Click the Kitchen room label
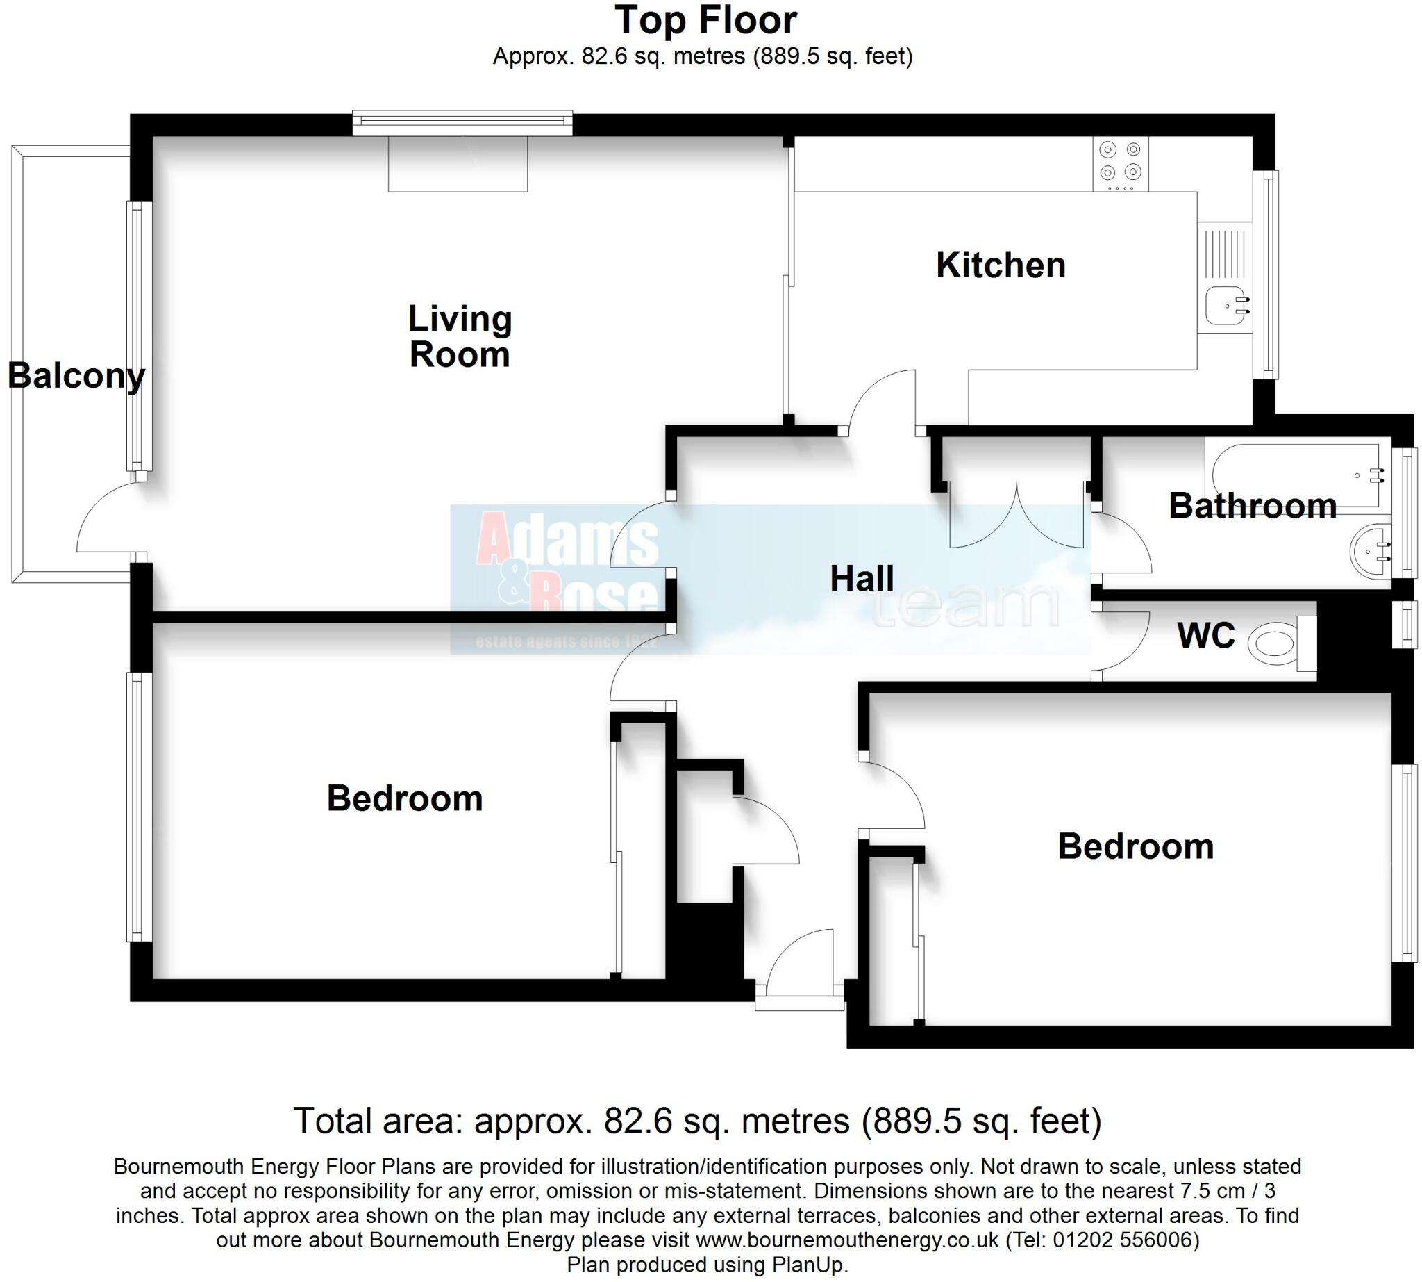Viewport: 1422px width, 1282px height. click(x=1000, y=265)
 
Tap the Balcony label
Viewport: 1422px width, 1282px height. click(x=76, y=375)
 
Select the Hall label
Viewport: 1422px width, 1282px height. click(x=861, y=578)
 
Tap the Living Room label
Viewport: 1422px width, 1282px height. click(x=460, y=337)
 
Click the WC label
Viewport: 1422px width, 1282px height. click(x=1205, y=635)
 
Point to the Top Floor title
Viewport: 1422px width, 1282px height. click(x=705, y=20)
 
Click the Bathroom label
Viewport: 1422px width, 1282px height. click(x=1252, y=506)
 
